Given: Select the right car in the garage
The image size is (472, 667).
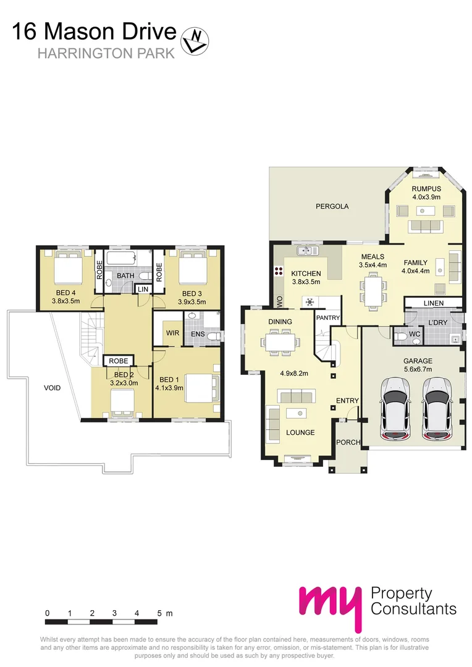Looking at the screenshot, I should tap(436, 409).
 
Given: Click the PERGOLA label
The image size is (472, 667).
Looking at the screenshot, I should tap(332, 206).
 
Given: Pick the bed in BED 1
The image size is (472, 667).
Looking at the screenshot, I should tap(201, 388).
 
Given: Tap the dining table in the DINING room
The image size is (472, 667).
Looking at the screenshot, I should tap(280, 341).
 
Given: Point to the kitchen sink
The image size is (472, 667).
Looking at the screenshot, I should tap(307, 251).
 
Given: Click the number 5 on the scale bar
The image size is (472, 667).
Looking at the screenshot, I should tap(159, 613).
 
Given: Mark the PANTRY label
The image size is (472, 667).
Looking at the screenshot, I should tap(327, 317).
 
